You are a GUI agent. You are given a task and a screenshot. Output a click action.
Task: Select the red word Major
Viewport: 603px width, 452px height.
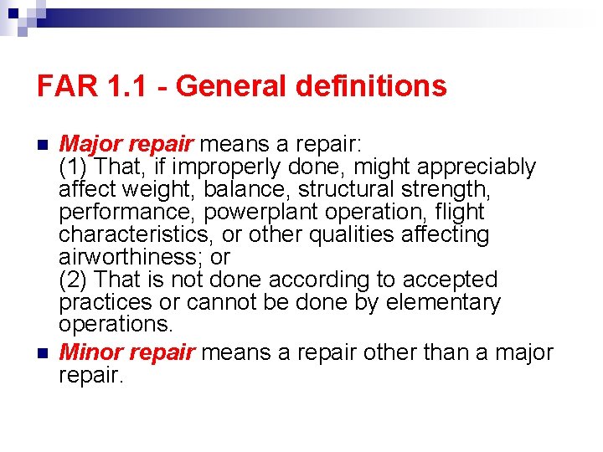pos(90,144)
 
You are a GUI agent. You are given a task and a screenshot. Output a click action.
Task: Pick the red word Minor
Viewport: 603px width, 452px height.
pos(90,352)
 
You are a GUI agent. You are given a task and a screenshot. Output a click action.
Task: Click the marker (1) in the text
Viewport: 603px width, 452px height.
pos(74,167)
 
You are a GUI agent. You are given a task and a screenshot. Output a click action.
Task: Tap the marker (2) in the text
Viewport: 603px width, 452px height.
pos(74,280)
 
